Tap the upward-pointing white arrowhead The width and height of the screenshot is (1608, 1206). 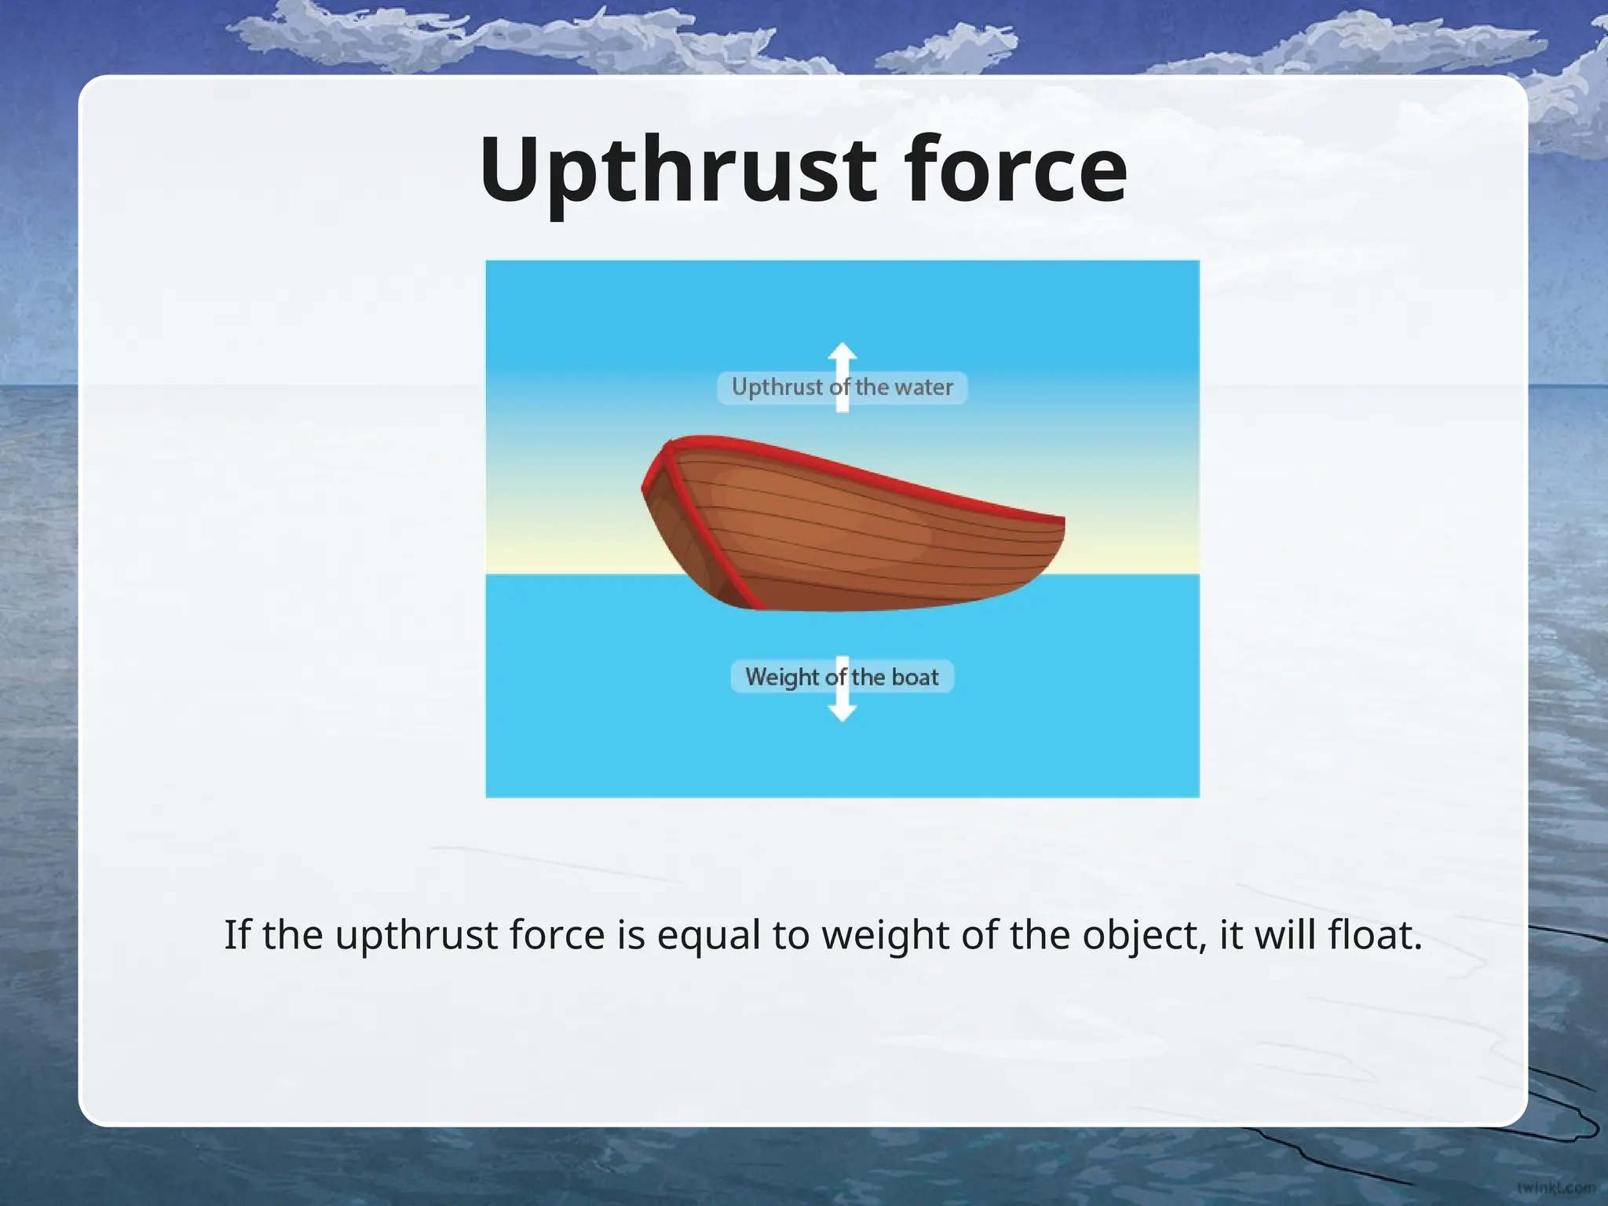coord(842,353)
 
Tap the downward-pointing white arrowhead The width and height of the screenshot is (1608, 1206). coord(842,711)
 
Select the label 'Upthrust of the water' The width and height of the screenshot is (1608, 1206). coord(842,387)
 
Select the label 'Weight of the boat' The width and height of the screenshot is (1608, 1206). coord(842,677)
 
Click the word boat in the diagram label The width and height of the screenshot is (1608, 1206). coord(915,677)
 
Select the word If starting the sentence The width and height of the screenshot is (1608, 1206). coord(236,935)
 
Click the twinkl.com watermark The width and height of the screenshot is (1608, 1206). coord(1555,1188)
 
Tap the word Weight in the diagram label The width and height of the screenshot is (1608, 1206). coord(781,677)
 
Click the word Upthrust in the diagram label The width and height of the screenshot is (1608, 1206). coord(777,387)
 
